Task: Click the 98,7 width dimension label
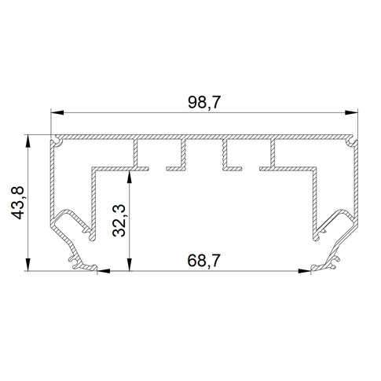[204, 102]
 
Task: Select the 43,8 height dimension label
[17, 203]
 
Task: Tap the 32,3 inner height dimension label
[119, 221]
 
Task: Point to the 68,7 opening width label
[204, 261]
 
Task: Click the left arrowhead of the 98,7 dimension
[57, 112]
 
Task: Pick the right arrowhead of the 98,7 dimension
[351, 112]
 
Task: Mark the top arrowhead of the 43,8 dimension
[27, 141]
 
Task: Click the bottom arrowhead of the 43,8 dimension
[27, 264]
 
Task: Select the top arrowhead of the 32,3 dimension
[129, 178]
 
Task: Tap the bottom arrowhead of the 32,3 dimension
[129, 264]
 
